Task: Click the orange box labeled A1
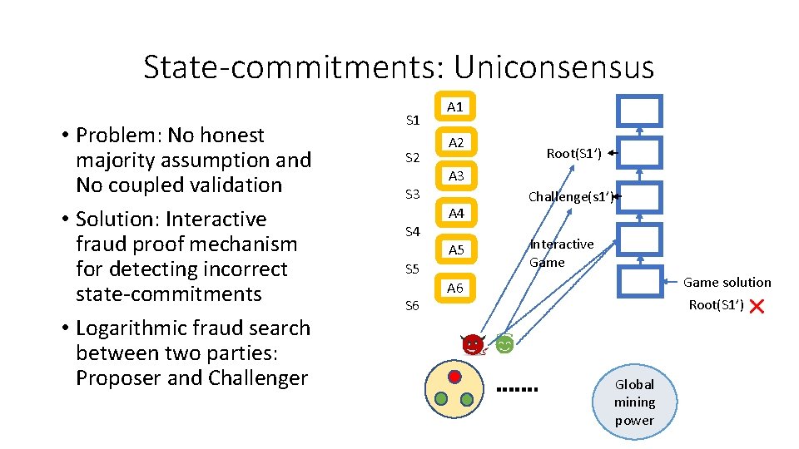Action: click(455, 106)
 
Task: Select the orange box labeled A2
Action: click(455, 143)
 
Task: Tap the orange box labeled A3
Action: click(455, 176)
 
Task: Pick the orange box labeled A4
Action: click(455, 214)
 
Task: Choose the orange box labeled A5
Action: click(455, 249)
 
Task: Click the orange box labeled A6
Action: click(455, 288)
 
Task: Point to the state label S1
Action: click(413, 121)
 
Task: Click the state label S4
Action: click(413, 231)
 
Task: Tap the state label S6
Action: click(413, 305)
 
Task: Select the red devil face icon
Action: click(473, 344)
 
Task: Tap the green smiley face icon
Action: click(504, 344)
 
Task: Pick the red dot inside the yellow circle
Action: click(454, 377)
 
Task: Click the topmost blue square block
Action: click(639, 111)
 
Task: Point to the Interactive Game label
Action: click(561, 253)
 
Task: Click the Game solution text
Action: click(727, 283)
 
